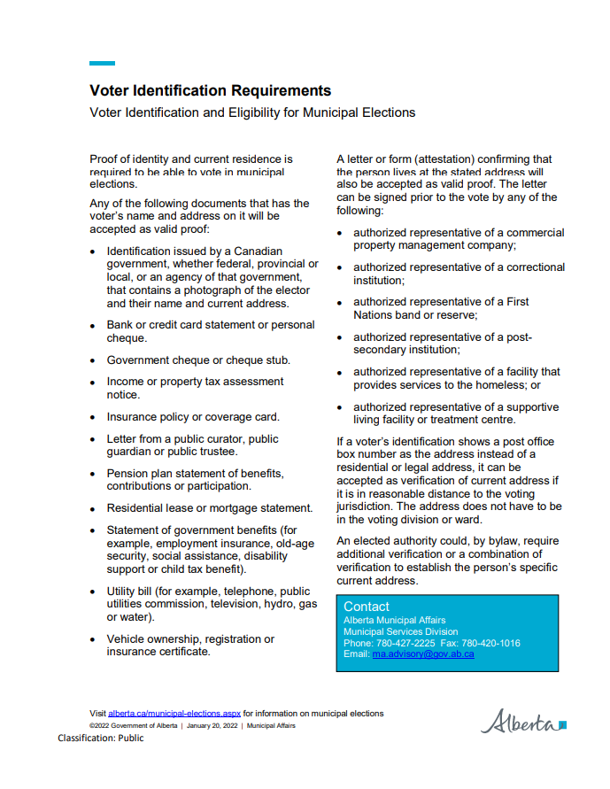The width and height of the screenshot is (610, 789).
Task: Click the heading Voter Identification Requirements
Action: pyautogui.click(x=210, y=91)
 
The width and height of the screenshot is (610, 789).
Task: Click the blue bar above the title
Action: pyautogui.click(x=102, y=63)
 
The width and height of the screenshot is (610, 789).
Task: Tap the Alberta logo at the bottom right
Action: pyautogui.click(x=522, y=721)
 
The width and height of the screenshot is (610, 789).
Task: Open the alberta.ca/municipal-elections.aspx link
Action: pyautogui.click(x=174, y=713)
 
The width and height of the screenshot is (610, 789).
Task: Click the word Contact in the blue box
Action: pyautogui.click(x=366, y=607)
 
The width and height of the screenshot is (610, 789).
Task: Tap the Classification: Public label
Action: pyautogui.click(x=101, y=738)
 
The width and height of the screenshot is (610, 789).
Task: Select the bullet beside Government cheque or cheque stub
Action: pyautogui.click(x=94, y=361)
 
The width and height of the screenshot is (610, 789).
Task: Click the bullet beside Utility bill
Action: pyautogui.click(x=94, y=592)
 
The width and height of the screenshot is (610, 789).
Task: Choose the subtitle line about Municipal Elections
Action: pyautogui.click(x=252, y=113)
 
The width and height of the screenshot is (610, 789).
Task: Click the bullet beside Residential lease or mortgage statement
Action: pyautogui.click(x=94, y=509)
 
